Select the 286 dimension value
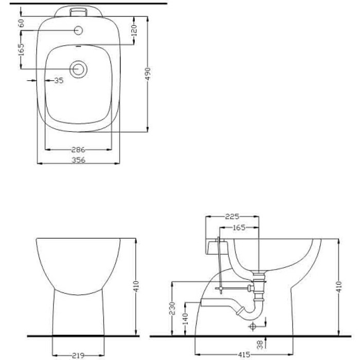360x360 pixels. [x=78, y=150]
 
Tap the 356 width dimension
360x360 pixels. [x=78, y=159]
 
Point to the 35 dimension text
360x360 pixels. [x=58, y=80]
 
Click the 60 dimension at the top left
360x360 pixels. [x=21, y=23]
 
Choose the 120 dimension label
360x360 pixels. [x=134, y=31]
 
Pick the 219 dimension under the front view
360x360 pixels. [x=78, y=355]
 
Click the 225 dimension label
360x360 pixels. [x=231, y=217]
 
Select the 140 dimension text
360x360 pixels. [x=186, y=318]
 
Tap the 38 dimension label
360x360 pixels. [x=259, y=345]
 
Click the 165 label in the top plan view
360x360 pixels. [x=21, y=52]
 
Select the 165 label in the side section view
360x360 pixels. [x=238, y=227]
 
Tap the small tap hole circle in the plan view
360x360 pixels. [x=78, y=30]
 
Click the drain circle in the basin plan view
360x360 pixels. [x=78, y=69]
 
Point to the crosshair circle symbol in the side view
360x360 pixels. [x=253, y=326]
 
